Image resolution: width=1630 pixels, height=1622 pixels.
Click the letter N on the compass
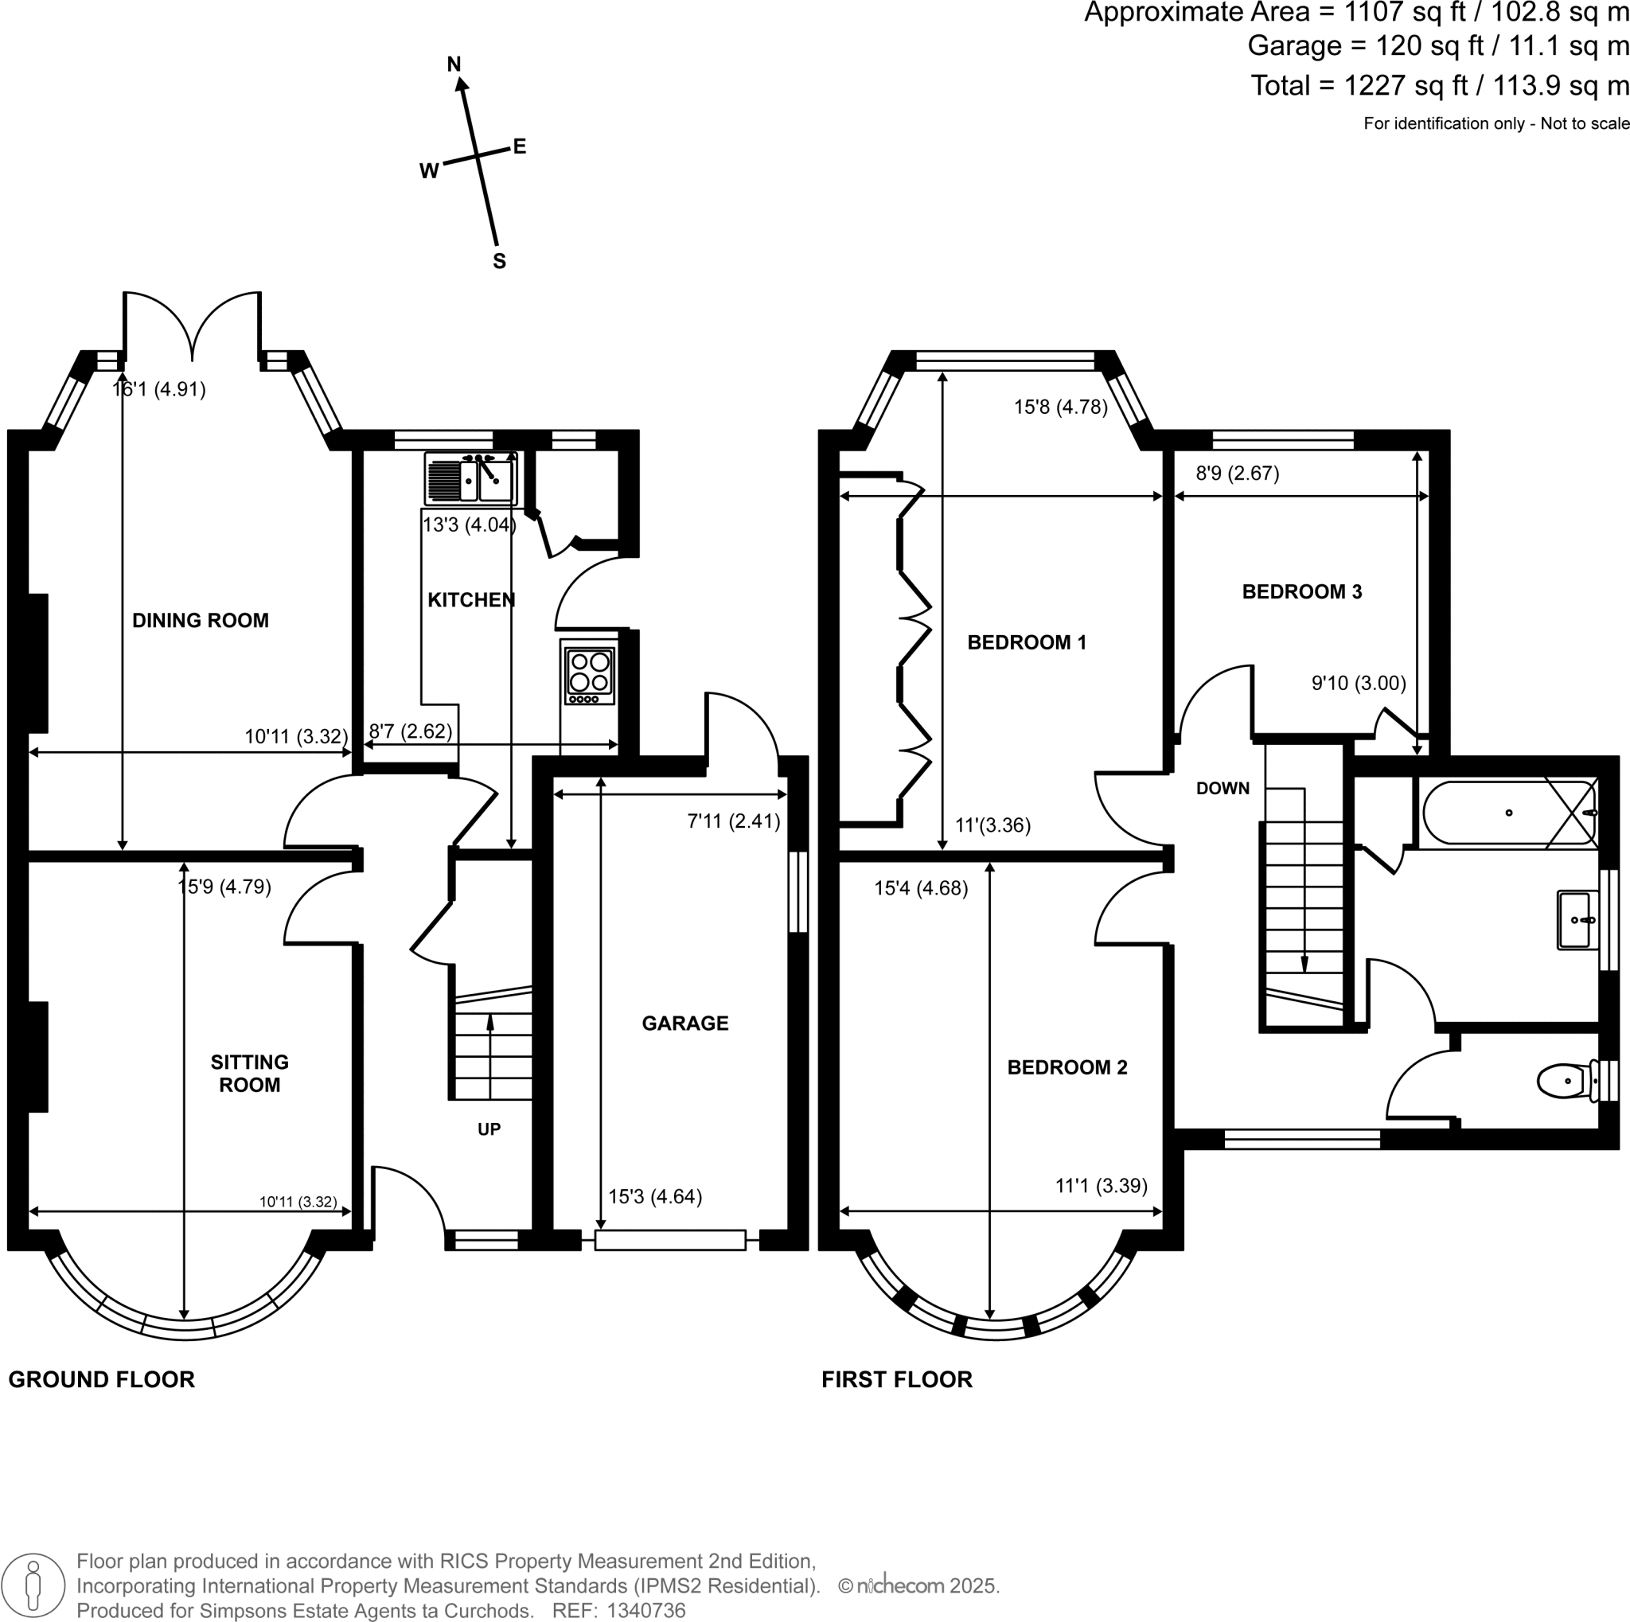pos(454,64)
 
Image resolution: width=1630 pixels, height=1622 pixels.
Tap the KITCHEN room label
pos(471,600)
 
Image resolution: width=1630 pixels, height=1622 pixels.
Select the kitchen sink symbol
pos(471,479)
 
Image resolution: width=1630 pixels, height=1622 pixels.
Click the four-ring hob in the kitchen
pos(589,675)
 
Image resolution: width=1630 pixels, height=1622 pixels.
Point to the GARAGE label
pos(684,1023)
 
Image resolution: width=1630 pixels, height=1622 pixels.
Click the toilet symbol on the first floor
pos(1566,1081)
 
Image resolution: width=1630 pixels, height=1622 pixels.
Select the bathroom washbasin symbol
pos(1577,919)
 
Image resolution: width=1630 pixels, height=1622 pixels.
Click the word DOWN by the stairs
pos(1222,789)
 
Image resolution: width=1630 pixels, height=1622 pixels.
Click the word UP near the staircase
pos(489,1129)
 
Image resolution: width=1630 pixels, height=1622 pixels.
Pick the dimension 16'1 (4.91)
pos(159,389)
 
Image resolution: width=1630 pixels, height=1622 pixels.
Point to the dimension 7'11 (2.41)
pos(733,821)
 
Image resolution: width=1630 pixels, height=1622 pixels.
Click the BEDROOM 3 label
pos(1301,591)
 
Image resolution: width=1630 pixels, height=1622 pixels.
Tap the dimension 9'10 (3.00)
pos(1358,682)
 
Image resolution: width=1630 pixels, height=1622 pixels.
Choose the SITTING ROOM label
pos(249,1073)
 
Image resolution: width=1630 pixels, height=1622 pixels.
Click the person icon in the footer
pos(33,1585)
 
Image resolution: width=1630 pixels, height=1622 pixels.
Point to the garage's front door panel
pos(670,1239)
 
